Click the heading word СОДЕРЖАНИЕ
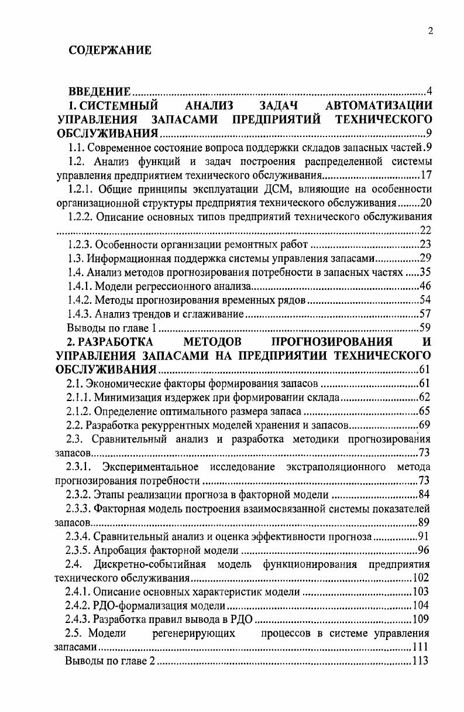pyautogui.click(x=110, y=50)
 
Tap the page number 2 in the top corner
pyautogui.click(x=430, y=32)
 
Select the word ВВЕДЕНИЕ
pyautogui.click(x=99, y=92)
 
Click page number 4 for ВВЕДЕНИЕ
pyautogui.click(x=429, y=92)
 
